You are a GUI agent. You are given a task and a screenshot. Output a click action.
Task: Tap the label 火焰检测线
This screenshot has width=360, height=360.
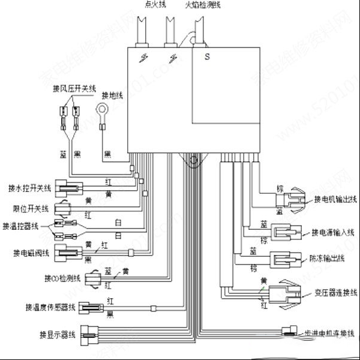202,4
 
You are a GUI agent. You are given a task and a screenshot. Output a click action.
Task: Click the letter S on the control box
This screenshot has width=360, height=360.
206,58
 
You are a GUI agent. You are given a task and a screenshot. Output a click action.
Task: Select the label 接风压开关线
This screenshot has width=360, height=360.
74,89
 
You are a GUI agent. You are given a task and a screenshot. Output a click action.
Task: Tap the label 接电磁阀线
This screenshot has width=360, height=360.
29,251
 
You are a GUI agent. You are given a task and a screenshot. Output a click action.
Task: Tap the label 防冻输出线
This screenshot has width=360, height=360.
328,259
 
